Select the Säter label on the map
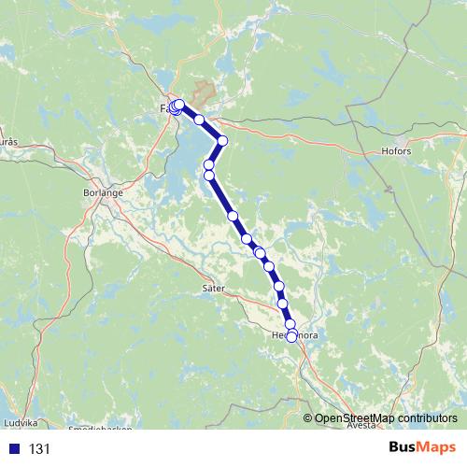[x=214, y=290]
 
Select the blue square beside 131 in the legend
[x=13, y=449]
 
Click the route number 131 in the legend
[x=38, y=449]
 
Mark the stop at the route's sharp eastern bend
[x=222, y=141]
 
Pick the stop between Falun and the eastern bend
[x=199, y=120]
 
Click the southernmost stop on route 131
[x=291, y=337]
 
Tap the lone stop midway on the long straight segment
[x=233, y=216]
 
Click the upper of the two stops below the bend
[x=209, y=164]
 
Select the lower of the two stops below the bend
[x=209, y=175]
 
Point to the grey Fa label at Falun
[x=165, y=108]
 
